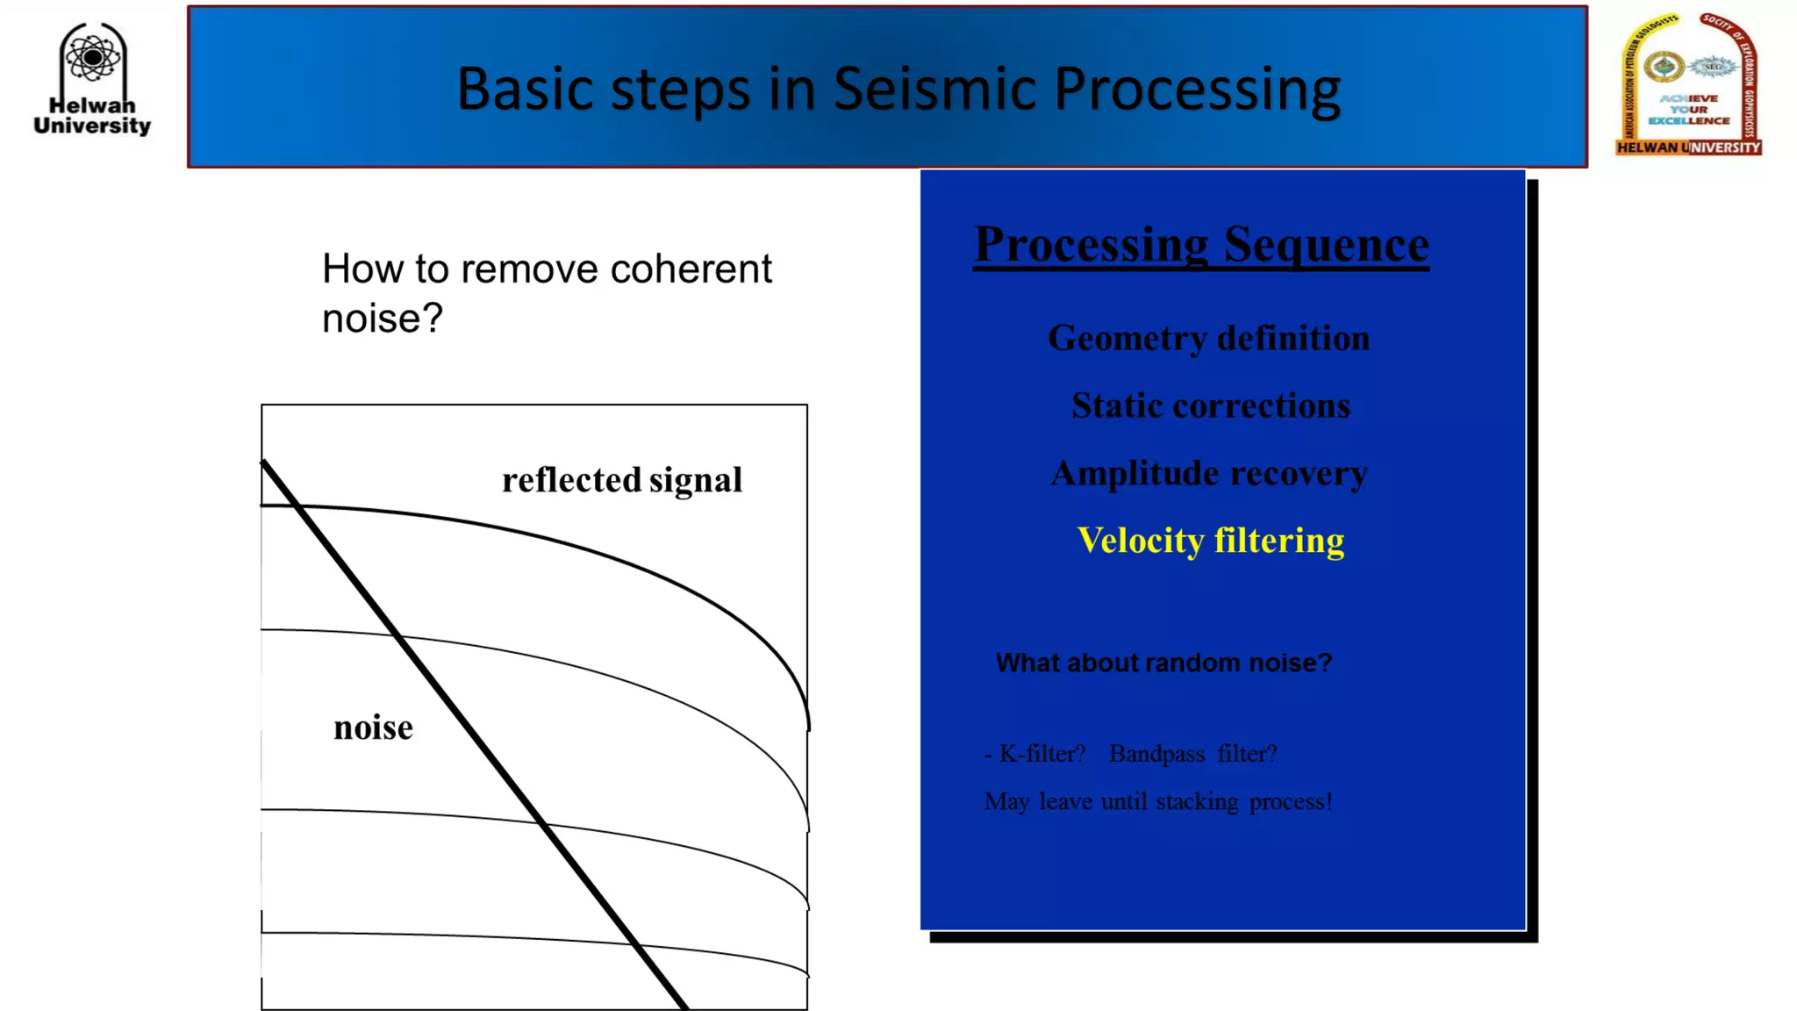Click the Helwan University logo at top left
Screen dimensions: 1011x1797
92,79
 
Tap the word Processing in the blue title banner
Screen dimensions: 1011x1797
1197,89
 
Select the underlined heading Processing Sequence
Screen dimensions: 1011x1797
1201,244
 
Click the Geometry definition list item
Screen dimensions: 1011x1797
1208,338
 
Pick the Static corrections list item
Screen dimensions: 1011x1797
1210,405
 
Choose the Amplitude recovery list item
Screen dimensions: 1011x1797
1208,473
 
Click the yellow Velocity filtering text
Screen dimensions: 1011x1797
1210,541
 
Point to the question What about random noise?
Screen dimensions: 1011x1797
1163,663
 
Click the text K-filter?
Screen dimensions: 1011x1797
1042,754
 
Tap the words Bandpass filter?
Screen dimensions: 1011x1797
1192,754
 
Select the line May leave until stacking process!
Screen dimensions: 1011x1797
1157,801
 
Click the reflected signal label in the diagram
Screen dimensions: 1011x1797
621,480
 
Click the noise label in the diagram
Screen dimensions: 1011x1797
373,728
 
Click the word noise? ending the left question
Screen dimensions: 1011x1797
382,318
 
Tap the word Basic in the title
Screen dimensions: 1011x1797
524,89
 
